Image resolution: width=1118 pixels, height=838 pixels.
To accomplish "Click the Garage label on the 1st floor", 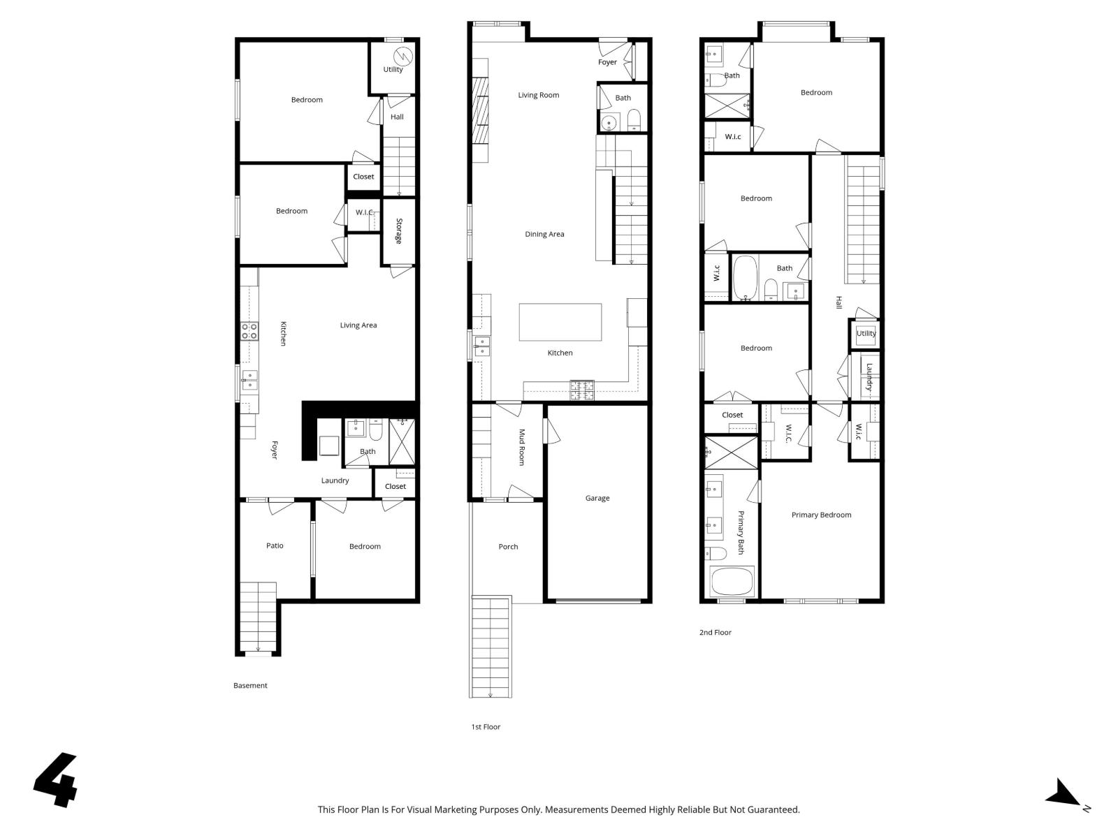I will (x=597, y=498).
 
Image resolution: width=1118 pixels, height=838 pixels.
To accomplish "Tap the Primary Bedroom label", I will (x=821, y=515).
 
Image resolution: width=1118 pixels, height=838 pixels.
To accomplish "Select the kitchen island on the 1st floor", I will (x=560, y=322).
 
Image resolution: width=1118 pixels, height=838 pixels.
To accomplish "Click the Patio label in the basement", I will (x=275, y=545).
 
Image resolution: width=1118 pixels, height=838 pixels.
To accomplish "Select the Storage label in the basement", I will (x=399, y=231).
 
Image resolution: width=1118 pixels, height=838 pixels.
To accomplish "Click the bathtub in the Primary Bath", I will (x=732, y=582).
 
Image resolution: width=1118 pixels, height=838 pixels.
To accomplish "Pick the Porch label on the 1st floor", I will (x=508, y=547).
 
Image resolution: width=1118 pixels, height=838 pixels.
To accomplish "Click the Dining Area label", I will (x=544, y=234).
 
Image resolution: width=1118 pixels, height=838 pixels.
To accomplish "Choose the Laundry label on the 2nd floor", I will (x=869, y=376).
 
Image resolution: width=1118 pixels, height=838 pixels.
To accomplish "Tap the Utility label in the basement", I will (x=393, y=69).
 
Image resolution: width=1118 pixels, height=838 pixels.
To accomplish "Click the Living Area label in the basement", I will (x=358, y=325).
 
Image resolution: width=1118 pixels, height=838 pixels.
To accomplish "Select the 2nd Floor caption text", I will (x=715, y=632).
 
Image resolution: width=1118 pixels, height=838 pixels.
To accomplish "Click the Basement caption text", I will (x=250, y=685).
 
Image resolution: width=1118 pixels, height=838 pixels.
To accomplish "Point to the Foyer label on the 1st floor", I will (x=607, y=62).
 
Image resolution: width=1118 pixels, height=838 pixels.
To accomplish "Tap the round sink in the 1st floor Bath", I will (x=609, y=123).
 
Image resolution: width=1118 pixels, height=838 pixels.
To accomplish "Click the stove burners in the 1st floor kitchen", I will (x=582, y=390).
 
